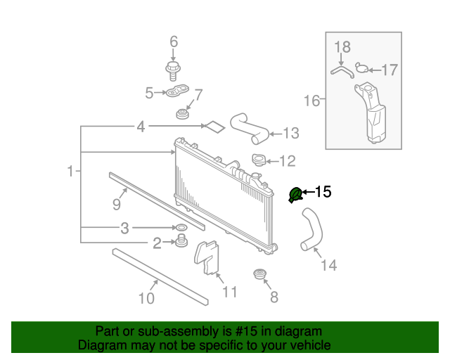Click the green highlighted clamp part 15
pos(296,194)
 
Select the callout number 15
pos(322,191)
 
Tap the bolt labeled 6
pos(173,69)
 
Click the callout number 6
pos(174,41)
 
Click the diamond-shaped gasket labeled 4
pos(214,127)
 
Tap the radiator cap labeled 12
pos(259,161)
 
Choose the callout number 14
pos(329,265)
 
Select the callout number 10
pos(146,298)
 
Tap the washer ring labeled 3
pos(180,228)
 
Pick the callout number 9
pos(117,204)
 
